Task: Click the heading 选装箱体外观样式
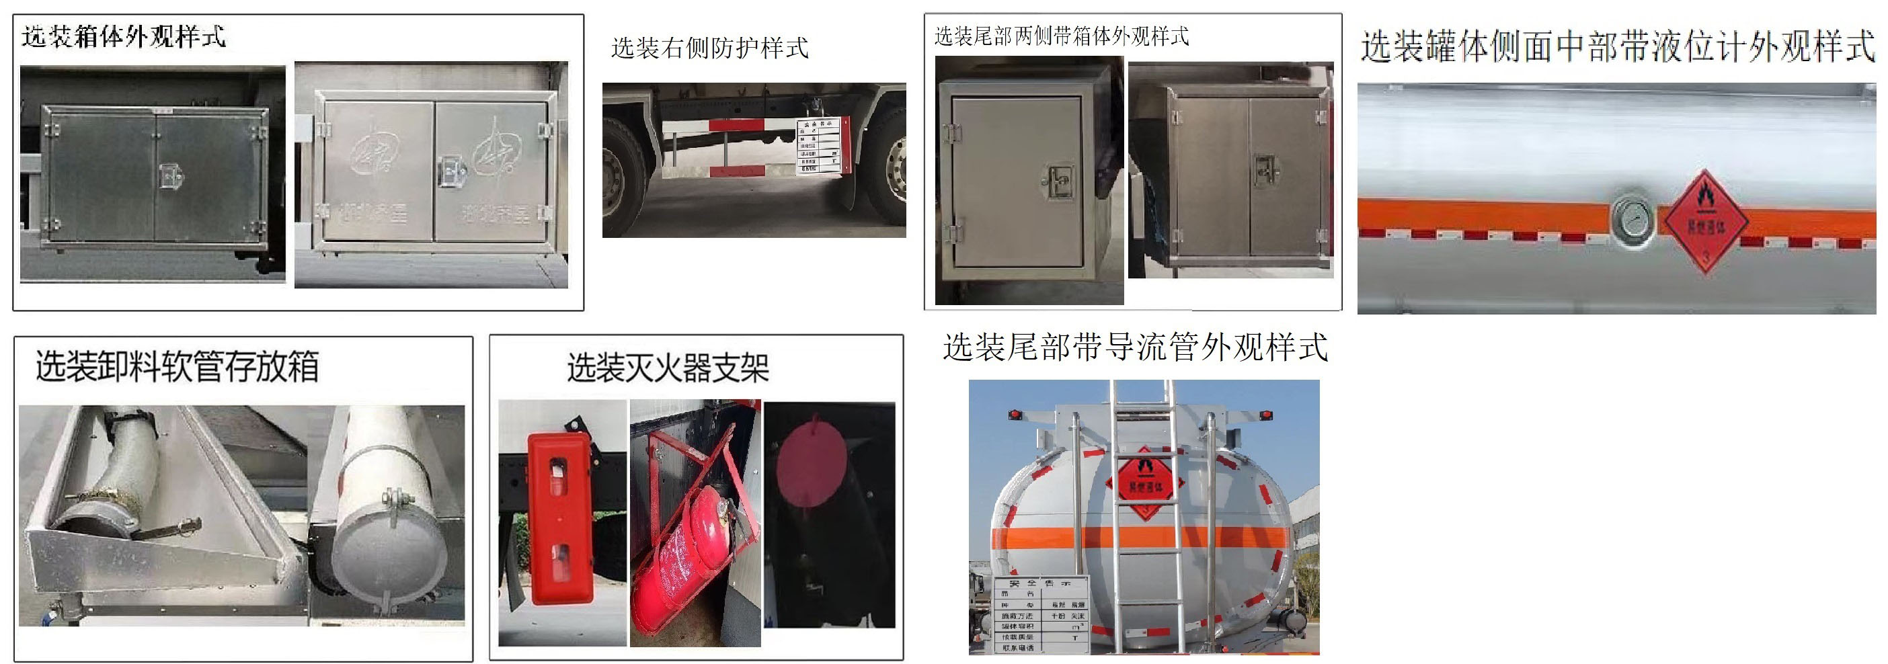tap(123, 37)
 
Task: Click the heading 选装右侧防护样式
tap(709, 48)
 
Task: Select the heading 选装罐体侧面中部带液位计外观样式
tap(1618, 46)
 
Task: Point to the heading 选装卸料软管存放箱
tap(178, 366)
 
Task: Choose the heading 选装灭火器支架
tap(668, 368)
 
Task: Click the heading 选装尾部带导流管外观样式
tap(1134, 347)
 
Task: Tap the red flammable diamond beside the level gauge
tap(1706, 220)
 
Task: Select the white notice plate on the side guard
tap(819, 147)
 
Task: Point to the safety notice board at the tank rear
tap(1041, 614)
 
